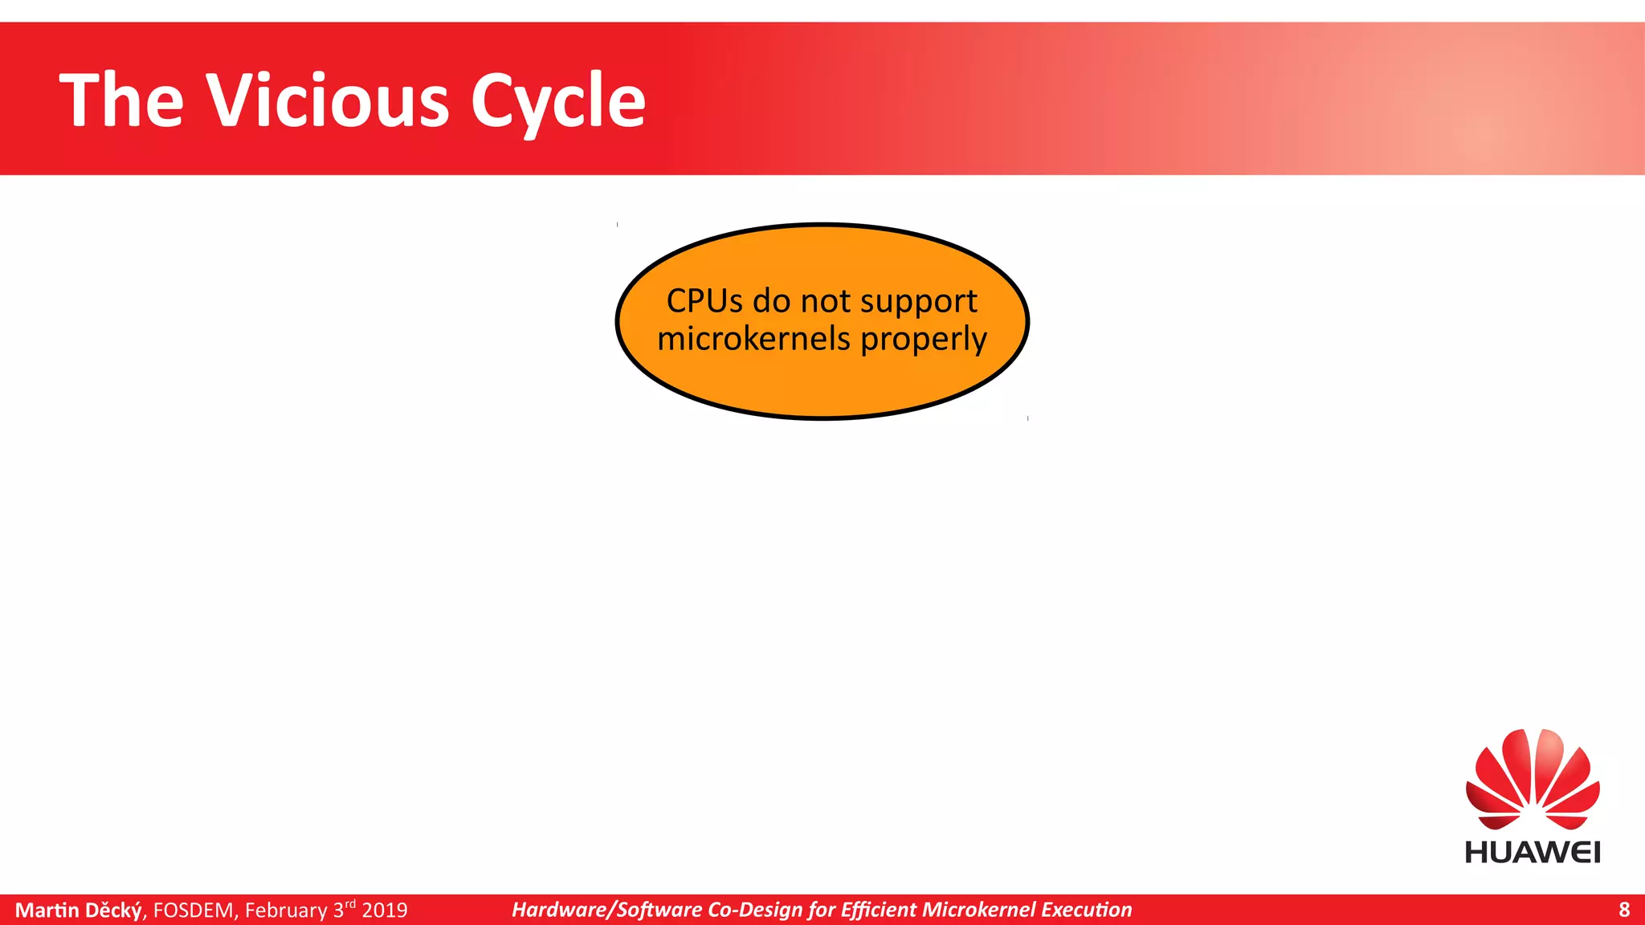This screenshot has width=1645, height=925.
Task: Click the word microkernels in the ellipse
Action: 753,339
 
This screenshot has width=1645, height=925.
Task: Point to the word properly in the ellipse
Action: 923,339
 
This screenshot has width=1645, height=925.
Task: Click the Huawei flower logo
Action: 1532,780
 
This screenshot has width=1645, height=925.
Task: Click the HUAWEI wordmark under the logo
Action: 1532,852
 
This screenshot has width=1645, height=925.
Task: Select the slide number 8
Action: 1623,910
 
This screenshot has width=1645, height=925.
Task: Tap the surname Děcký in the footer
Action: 113,910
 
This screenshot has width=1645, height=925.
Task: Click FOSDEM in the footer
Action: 193,910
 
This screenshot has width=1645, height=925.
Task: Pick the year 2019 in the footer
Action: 384,910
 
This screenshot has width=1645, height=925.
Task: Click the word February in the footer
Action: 286,910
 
